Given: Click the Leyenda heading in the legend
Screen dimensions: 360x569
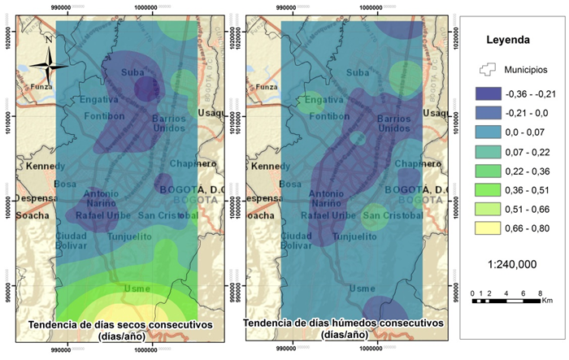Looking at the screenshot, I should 508,39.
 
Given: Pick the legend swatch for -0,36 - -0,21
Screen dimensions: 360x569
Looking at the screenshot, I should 490,94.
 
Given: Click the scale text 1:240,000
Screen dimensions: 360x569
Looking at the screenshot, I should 509,264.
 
